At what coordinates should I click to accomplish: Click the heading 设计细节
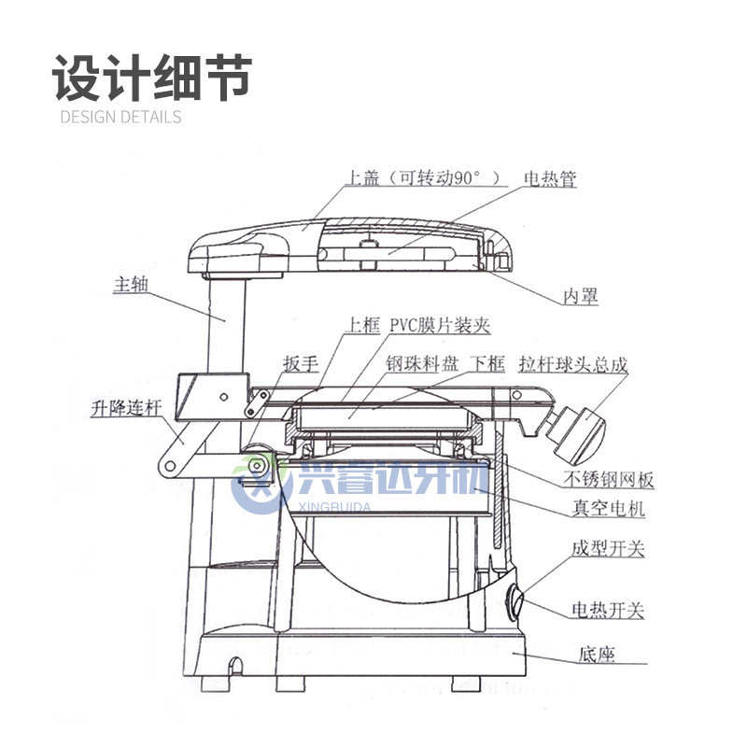[x=152, y=77]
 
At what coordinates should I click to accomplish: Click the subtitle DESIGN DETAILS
[x=120, y=117]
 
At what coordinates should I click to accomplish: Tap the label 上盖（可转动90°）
[x=423, y=178]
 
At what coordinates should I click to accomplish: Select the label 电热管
[x=551, y=178]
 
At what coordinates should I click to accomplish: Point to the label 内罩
[x=580, y=297]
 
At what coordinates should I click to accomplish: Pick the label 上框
[x=362, y=326]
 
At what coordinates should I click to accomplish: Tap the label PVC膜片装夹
[x=440, y=326]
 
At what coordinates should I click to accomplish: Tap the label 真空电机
[x=608, y=510]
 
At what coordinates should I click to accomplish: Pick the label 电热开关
[x=608, y=612]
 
